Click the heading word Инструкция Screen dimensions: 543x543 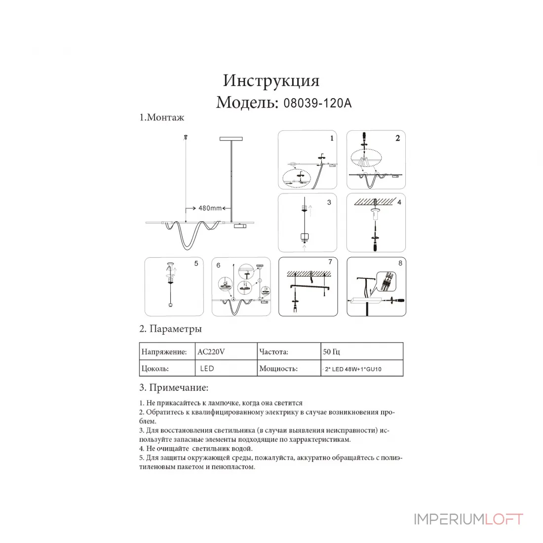tap(271, 80)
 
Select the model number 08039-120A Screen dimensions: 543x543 tap(317, 103)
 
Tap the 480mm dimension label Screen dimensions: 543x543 tap(210, 208)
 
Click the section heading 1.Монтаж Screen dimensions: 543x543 tap(162, 117)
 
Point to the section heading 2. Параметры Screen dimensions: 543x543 tap(170, 329)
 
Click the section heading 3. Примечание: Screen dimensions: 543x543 tap(174, 388)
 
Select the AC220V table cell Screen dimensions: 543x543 tap(226, 351)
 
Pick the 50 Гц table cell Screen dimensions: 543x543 tap(362, 351)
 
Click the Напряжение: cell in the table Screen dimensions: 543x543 tap(167, 351)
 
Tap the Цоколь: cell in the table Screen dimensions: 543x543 tap(167, 368)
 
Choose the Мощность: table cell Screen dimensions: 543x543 tap(289, 368)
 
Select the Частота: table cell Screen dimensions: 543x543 tap(289, 351)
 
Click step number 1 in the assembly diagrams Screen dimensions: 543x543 tap(332, 138)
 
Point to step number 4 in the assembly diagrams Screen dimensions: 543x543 tap(399, 202)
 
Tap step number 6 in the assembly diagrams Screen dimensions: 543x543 tap(218, 265)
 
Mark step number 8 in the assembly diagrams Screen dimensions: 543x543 tap(400, 263)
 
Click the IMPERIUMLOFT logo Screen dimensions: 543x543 tap(468, 519)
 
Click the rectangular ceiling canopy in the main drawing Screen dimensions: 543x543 tap(231, 139)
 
